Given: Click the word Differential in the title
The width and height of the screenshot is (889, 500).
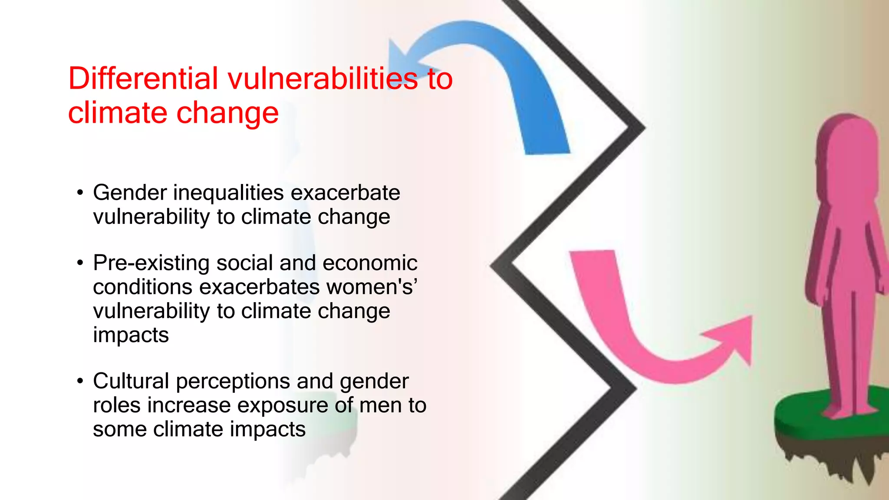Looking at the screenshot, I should [x=143, y=79].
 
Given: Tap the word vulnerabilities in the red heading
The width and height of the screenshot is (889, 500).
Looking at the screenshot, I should [x=323, y=79].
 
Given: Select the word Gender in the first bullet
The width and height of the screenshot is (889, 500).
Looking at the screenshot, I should [x=130, y=193].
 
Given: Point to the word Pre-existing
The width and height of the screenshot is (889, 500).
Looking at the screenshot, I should [x=151, y=263].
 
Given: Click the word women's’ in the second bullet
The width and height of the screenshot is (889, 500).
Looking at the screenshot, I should [x=372, y=287].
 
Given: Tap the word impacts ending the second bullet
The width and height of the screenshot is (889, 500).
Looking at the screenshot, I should [x=131, y=335].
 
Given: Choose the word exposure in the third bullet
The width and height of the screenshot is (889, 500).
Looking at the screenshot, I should [x=283, y=406].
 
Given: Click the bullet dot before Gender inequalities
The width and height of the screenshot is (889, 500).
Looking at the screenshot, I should [x=80, y=193].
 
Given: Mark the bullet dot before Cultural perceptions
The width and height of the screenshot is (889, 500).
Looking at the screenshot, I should [x=80, y=382].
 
